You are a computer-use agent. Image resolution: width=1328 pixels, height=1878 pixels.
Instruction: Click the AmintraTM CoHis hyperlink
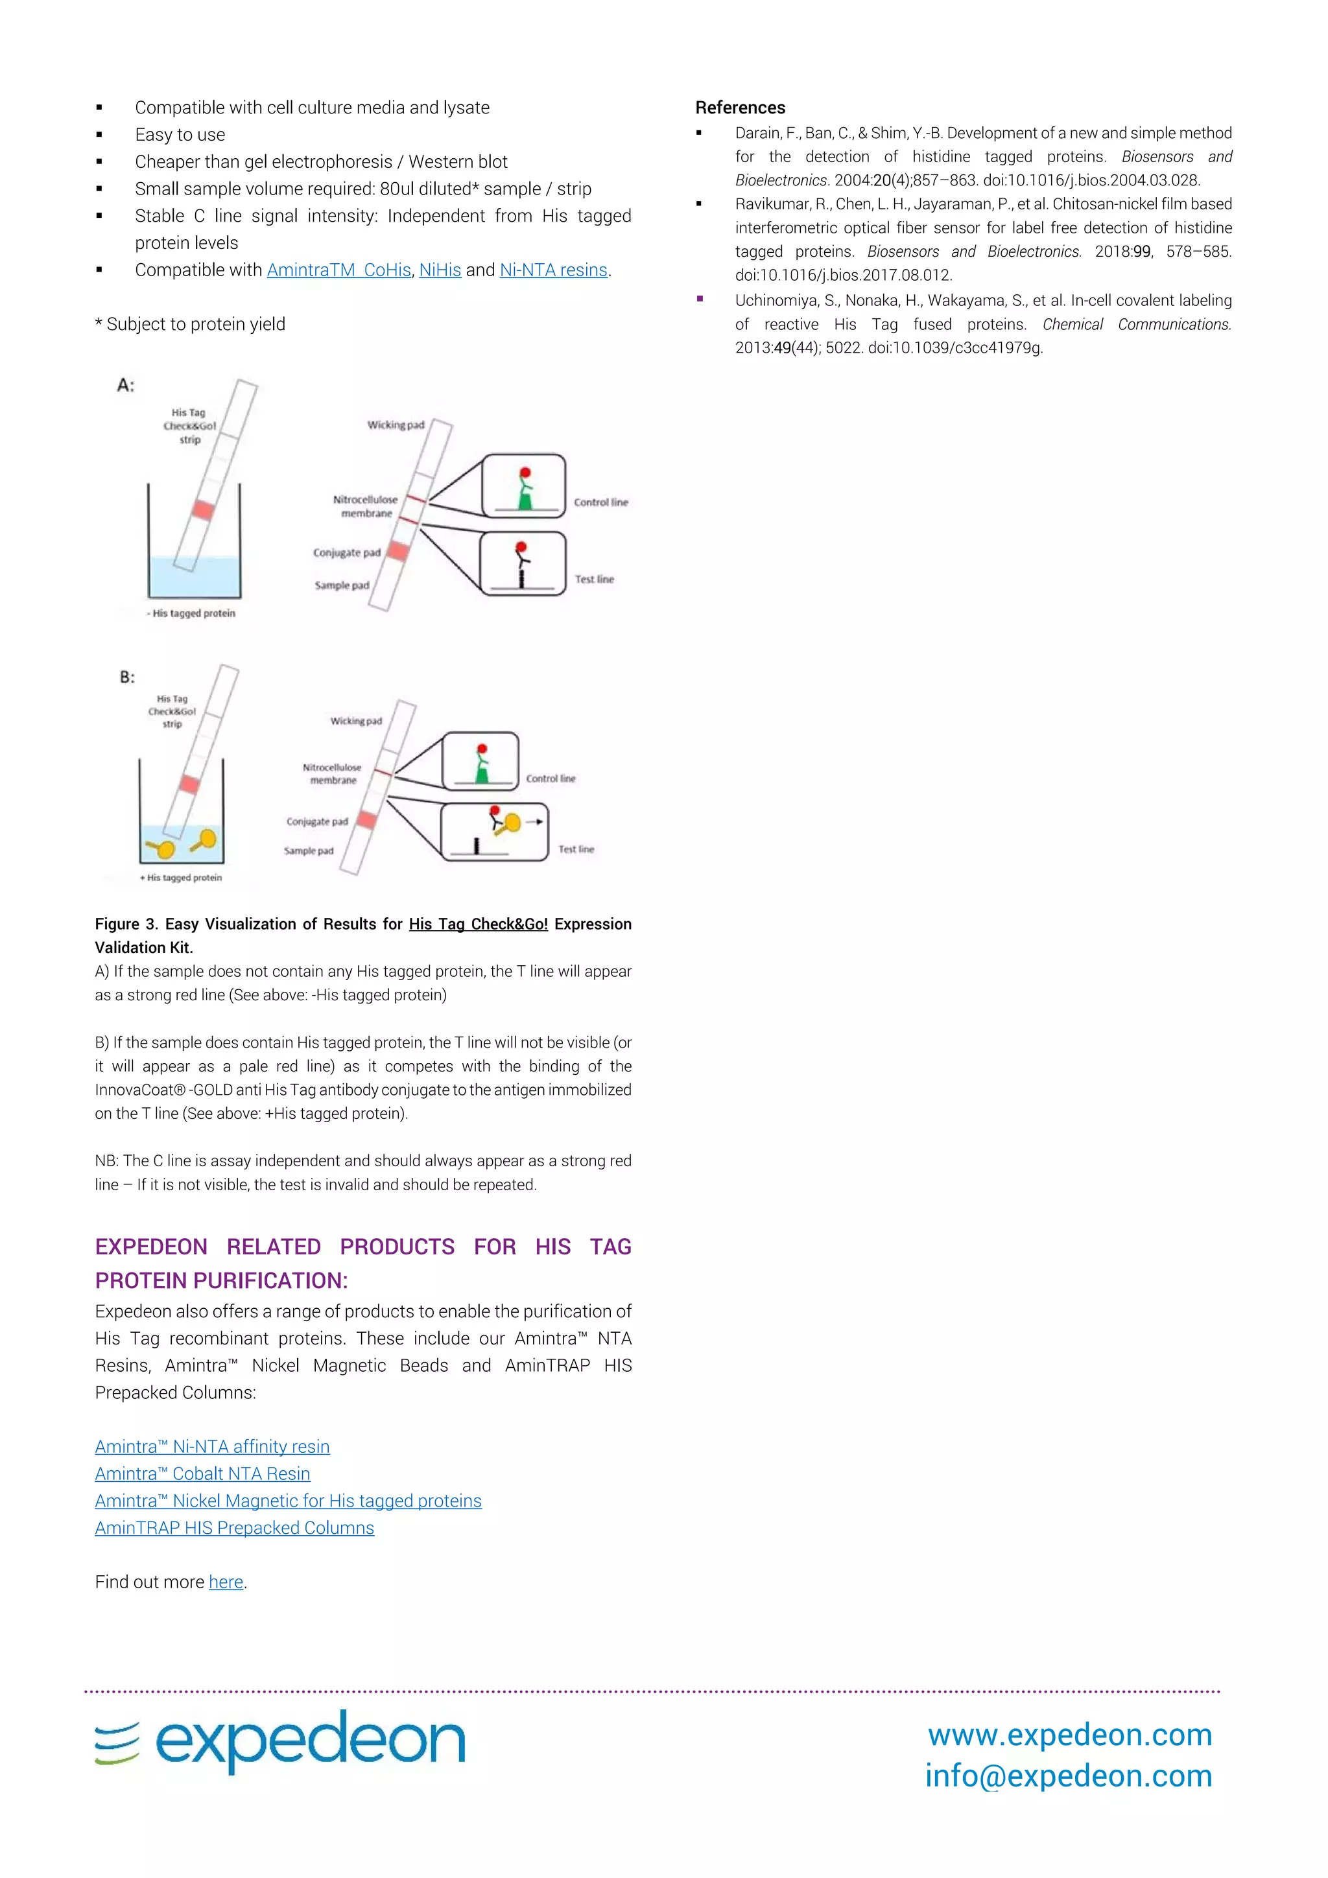click(338, 270)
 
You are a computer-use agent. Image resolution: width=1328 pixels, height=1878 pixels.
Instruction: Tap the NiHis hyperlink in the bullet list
click(440, 270)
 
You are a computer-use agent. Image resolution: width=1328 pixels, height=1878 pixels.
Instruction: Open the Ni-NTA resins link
click(553, 270)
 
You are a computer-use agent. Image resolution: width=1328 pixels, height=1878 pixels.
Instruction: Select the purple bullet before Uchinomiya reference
click(700, 299)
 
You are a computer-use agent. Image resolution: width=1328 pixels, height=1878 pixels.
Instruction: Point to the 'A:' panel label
click(125, 385)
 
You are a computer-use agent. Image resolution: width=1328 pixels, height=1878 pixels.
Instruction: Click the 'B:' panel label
click(127, 677)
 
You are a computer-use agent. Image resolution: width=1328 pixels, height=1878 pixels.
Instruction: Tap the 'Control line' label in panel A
click(600, 502)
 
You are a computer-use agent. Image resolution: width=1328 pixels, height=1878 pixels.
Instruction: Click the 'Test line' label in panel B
click(576, 849)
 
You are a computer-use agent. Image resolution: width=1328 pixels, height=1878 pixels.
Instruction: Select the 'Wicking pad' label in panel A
click(396, 425)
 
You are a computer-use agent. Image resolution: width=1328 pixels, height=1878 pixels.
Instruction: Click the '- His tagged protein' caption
click(191, 613)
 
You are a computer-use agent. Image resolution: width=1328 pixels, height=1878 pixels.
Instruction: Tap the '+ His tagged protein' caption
click(181, 878)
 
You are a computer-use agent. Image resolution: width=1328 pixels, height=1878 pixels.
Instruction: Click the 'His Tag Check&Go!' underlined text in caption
click(478, 924)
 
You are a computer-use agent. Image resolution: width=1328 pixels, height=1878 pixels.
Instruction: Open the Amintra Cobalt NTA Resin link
click(202, 1474)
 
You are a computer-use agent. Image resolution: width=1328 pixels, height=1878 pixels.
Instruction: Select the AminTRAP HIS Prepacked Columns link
click(234, 1528)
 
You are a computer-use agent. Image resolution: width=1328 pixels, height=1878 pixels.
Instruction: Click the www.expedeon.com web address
click(1069, 1734)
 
